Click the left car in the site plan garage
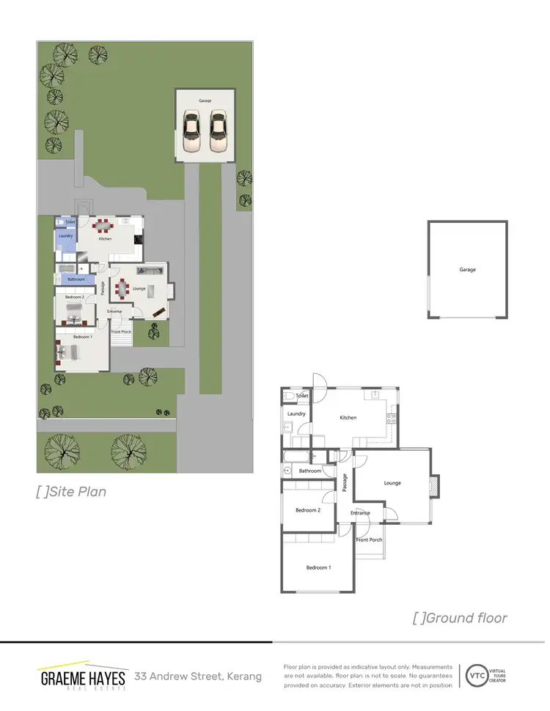(191, 125)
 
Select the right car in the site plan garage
(218, 125)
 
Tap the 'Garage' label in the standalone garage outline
(467, 270)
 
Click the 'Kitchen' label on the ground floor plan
(348, 418)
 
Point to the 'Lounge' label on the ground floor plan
(392, 483)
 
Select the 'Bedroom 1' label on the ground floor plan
(318, 568)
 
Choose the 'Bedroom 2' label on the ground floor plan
(308, 510)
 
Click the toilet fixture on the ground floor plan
(289, 397)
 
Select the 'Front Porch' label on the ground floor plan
(369, 540)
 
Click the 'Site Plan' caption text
(71, 491)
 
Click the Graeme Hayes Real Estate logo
(82, 677)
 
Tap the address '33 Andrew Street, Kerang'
(197, 676)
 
